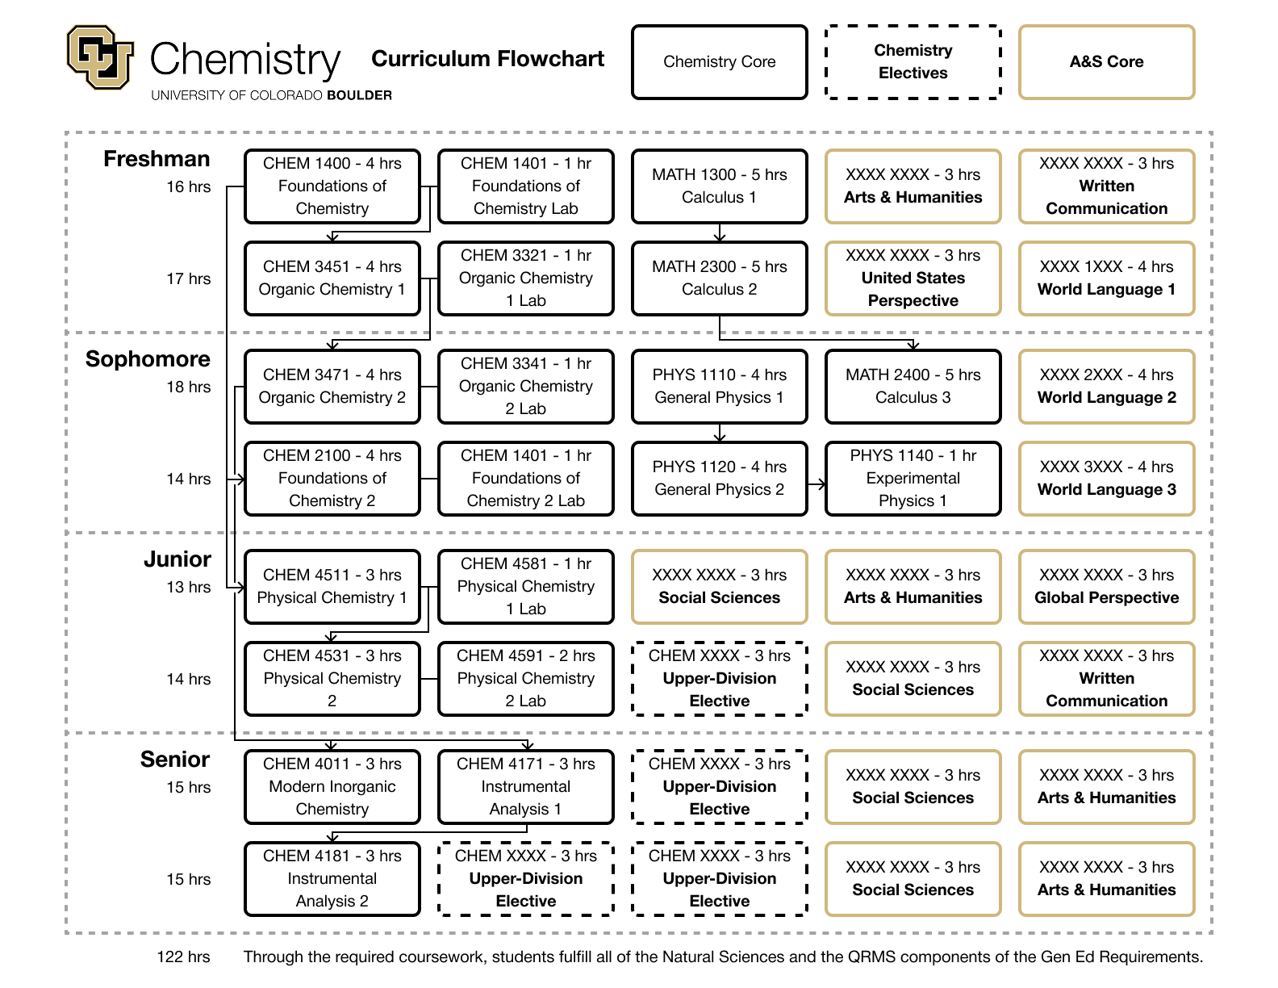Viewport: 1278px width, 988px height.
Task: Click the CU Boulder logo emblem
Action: click(100, 57)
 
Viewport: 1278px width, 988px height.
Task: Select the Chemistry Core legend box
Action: click(719, 62)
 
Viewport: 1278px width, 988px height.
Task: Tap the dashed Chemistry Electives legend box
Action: click(913, 62)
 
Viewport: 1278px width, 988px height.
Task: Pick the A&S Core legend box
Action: click(1106, 62)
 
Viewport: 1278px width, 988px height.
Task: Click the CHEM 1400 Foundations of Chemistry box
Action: click(332, 186)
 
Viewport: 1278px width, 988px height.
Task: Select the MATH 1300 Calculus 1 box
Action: click(719, 186)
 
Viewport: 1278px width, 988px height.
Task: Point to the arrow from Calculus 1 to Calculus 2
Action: click(720, 232)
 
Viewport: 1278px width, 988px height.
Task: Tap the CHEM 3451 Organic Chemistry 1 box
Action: click(332, 278)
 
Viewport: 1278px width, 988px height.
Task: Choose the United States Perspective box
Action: click(913, 278)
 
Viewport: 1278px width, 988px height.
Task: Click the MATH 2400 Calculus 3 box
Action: click(913, 387)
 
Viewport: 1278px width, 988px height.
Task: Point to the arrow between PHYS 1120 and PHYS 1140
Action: click(816, 484)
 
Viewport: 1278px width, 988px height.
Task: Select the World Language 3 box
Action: click(1106, 479)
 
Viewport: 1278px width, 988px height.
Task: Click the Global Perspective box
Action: click(1106, 587)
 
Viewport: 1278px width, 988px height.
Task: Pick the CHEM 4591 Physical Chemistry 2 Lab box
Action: click(526, 679)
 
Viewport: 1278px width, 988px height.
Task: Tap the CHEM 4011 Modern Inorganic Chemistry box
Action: click(332, 787)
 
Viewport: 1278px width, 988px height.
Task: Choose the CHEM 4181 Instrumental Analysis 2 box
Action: click(332, 878)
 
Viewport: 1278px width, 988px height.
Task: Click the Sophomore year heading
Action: click(148, 359)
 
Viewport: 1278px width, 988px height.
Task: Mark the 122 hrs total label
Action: click(183, 957)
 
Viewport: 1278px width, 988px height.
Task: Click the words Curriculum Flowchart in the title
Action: click(487, 59)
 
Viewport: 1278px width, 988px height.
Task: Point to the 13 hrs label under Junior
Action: click(188, 587)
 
